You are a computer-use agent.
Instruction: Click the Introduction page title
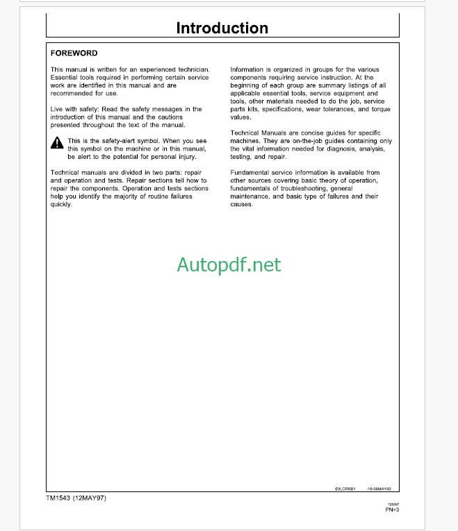point(222,28)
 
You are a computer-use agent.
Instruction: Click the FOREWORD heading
point(74,53)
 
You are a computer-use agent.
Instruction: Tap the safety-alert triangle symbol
point(57,144)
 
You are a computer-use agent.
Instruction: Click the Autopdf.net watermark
point(229,264)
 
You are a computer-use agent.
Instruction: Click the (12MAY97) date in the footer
point(91,498)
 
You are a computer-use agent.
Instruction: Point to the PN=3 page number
point(391,510)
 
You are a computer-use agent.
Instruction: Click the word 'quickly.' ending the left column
point(61,204)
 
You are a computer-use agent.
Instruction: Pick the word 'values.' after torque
point(240,117)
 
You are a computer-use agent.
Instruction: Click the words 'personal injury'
point(172,156)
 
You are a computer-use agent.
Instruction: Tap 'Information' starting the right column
point(247,70)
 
